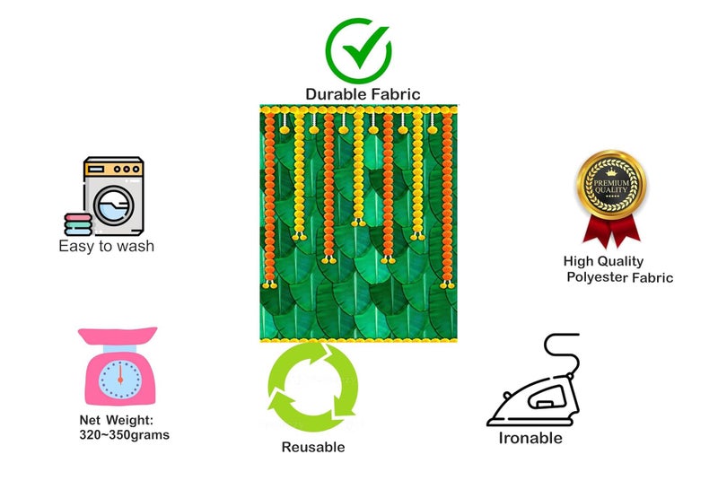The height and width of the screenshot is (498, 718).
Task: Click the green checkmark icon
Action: [x=358, y=50]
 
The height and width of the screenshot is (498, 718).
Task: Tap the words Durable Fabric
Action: [x=363, y=94]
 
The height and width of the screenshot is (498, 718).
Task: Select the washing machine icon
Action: [x=113, y=196]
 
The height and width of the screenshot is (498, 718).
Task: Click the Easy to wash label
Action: [x=106, y=246]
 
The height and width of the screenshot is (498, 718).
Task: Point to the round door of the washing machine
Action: [x=114, y=205]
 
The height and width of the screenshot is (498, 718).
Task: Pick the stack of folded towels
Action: [x=78, y=224]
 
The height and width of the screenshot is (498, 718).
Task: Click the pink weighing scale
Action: [x=118, y=366]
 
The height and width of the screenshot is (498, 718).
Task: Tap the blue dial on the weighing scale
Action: [x=120, y=380]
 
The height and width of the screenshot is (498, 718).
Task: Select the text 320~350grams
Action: [x=125, y=435]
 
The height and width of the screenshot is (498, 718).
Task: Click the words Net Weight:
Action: [x=117, y=420]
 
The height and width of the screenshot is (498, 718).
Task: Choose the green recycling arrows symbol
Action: [x=312, y=388]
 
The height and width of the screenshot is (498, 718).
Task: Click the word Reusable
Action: [x=313, y=447]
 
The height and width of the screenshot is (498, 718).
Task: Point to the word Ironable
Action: [x=530, y=438]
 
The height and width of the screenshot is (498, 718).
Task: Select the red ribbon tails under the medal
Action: [x=611, y=231]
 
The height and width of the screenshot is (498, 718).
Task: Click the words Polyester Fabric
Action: [x=620, y=277]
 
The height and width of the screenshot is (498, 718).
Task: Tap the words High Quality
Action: [x=603, y=261]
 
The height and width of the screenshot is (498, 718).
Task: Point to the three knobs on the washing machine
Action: [x=127, y=169]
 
